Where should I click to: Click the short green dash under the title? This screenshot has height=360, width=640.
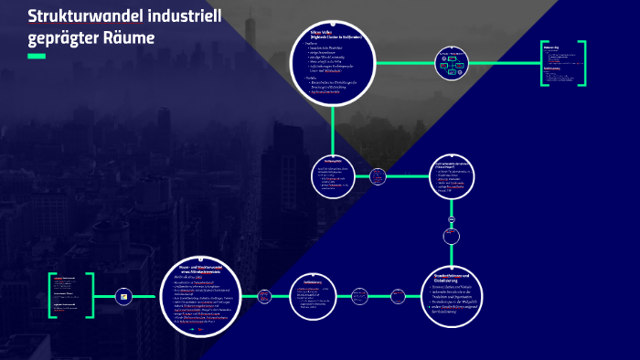[x=37, y=57]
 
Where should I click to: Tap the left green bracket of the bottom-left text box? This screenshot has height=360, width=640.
[x=51, y=295]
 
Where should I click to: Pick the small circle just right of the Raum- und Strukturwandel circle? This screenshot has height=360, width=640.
[x=264, y=295]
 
